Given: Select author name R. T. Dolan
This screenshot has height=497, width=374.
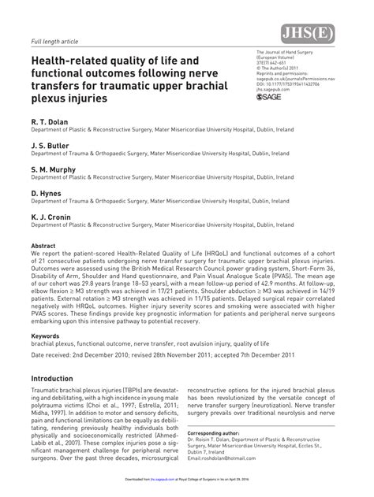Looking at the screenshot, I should point(49,124).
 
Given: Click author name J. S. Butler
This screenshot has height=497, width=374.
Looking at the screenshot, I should point(50,147).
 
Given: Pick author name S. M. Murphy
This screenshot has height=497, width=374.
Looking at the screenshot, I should point(53,169).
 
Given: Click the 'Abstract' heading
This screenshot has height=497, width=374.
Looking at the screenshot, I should point(43,246).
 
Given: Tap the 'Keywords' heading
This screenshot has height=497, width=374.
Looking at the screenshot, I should point(46,336).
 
